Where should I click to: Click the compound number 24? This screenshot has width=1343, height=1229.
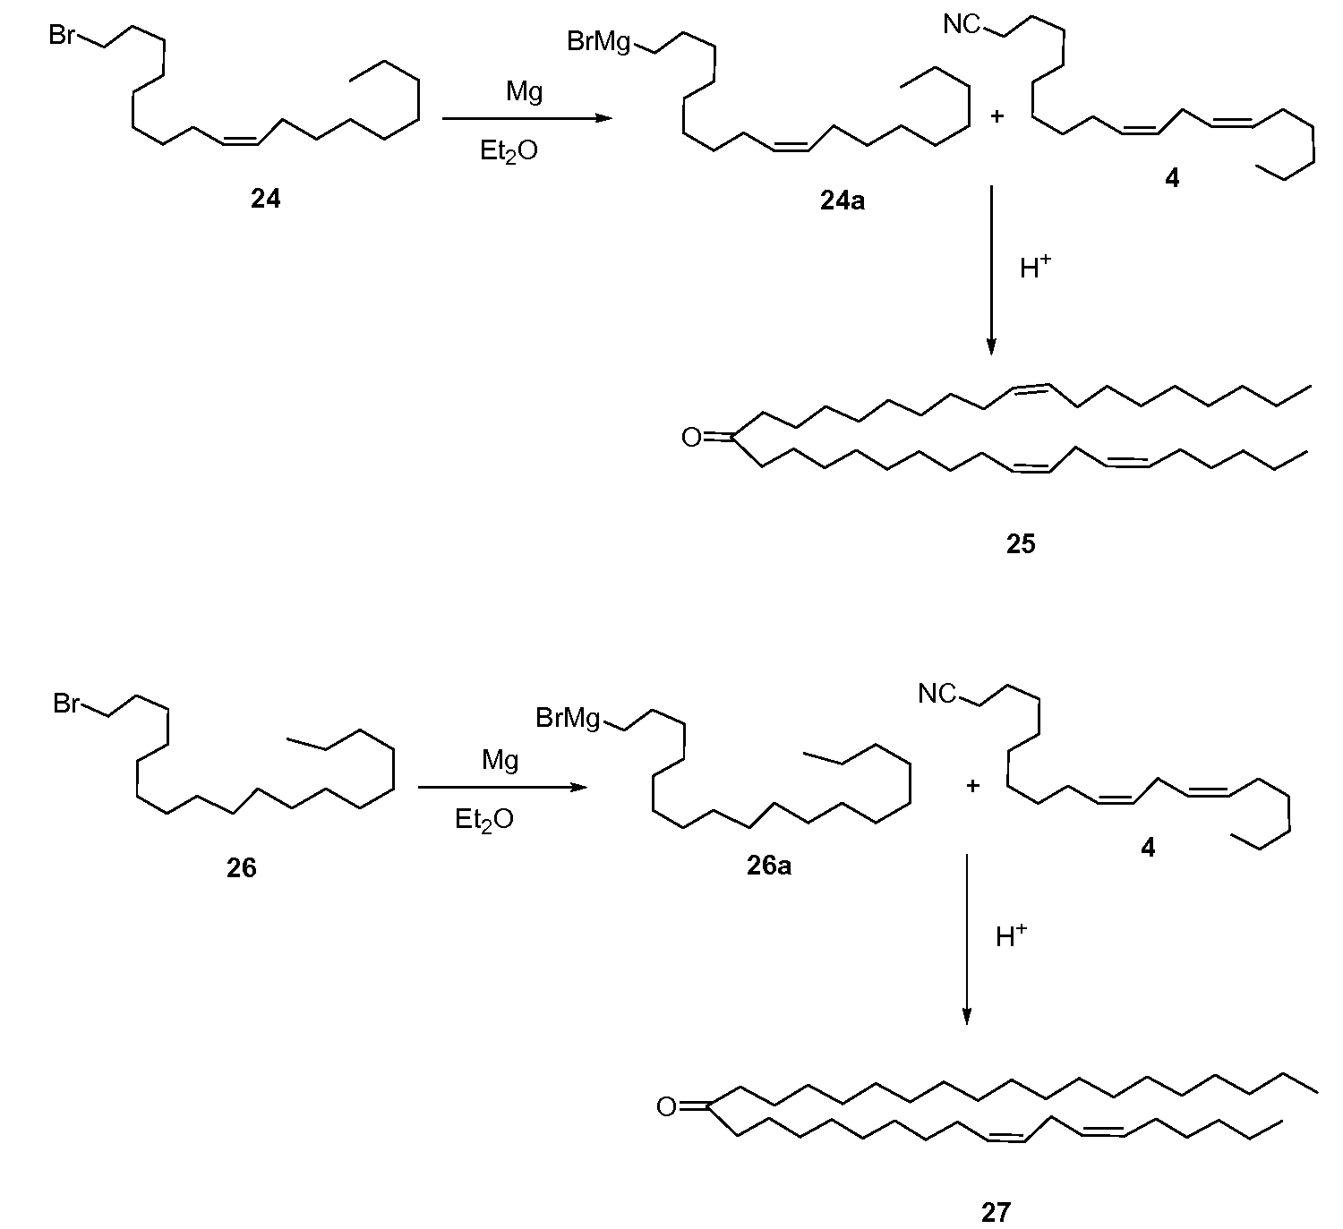pyautogui.click(x=265, y=198)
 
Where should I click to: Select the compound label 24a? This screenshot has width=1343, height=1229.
pyautogui.click(x=843, y=201)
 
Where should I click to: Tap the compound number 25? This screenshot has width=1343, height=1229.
pyautogui.click(x=1021, y=543)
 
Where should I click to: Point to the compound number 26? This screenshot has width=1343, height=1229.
pyautogui.click(x=241, y=867)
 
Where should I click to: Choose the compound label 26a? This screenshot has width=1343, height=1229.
pyautogui.click(x=768, y=866)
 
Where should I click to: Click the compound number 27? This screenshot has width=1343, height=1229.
pyautogui.click(x=996, y=1212)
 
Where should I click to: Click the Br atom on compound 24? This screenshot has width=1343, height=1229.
pyautogui.click(x=62, y=34)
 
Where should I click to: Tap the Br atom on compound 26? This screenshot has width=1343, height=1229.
pyautogui.click(x=66, y=704)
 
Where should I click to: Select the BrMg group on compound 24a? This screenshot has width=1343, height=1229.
pyautogui.click(x=598, y=42)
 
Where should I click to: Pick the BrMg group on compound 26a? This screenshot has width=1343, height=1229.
pyautogui.click(x=568, y=718)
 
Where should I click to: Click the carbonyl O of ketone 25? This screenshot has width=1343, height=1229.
pyautogui.click(x=691, y=438)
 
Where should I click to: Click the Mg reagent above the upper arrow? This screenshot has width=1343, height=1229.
pyautogui.click(x=524, y=91)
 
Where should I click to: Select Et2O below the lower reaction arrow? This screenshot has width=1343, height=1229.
pyautogui.click(x=484, y=819)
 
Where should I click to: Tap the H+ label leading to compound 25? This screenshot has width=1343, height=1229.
pyautogui.click(x=1035, y=267)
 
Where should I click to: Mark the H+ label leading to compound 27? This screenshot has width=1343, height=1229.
pyautogui.click(x=1011, y=935)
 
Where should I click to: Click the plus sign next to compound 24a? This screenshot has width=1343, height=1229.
pyautogui.click(x=997, y=116)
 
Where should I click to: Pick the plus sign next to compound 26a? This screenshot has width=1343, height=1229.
pyautogui.click(x=972, y=785)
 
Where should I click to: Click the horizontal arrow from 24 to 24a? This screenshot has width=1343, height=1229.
pyautogui.click(x=526, y=118)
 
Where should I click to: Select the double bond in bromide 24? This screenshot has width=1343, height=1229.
pyautogui.click(x=240, y=141)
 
